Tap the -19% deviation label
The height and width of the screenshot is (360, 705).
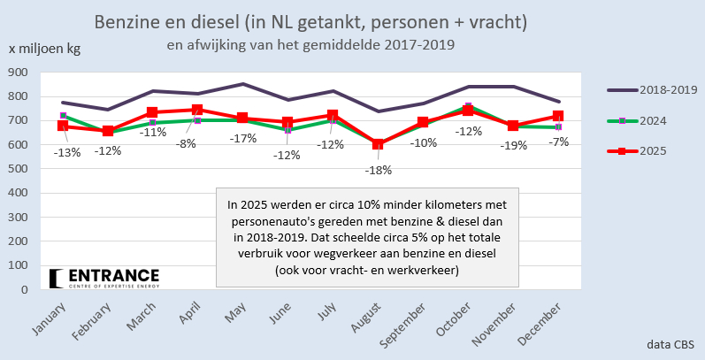pyautogui.click(x=513, y=146)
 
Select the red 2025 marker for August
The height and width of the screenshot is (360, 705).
pyautogui.click(x=379, y=143)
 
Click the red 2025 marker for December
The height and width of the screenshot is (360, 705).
pyautogui.click(x=559, y=116)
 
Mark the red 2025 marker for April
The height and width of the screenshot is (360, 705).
pyautogui.click(x=197, y=110)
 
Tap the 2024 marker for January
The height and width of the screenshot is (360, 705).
pyautogui.click(x=64, y=116)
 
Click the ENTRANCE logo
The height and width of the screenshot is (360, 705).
pyautogui.click(x=104, y=278)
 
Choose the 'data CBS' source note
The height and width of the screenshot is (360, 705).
pyautogui.click(x=669, y=342)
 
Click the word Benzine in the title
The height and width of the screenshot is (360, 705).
pyautogui.click(x=123, y=19)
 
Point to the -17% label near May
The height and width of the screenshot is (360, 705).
pyautogui.click(x=243, y=138)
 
